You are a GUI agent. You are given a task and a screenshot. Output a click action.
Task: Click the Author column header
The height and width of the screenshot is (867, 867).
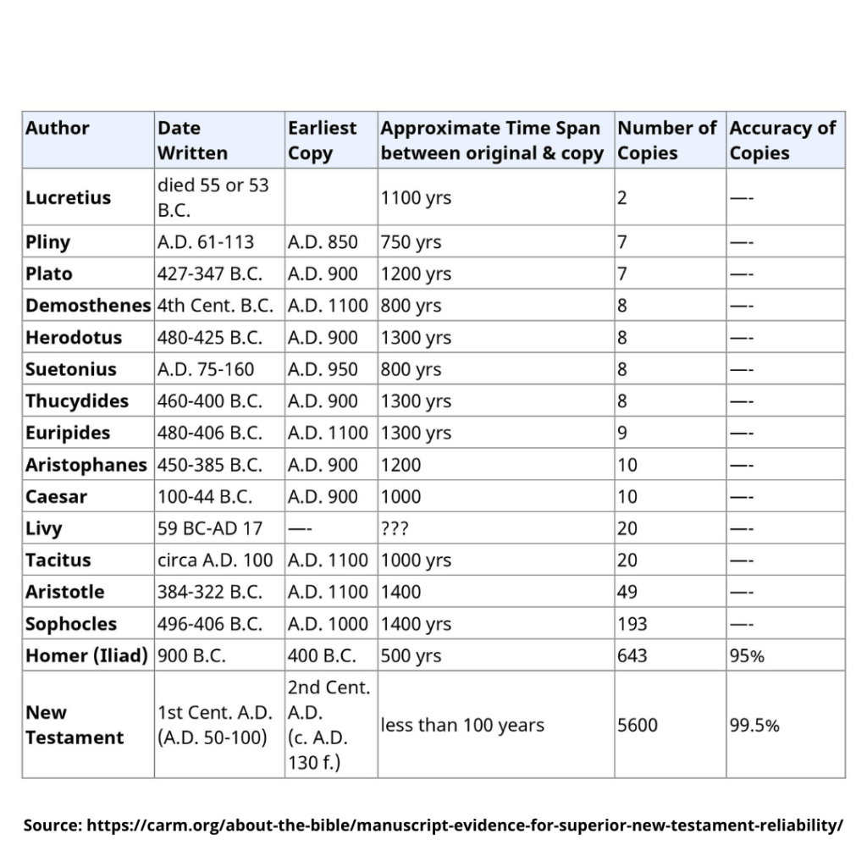tap(58, 129)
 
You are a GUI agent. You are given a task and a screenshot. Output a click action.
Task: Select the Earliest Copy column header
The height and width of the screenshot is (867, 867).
tap(322, 141)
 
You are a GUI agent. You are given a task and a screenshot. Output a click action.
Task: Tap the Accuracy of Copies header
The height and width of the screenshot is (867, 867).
tap(782, 141)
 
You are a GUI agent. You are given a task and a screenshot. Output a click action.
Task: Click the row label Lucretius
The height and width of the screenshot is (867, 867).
tap(68, 198)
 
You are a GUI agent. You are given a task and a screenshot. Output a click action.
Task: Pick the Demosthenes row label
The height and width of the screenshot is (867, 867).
tap(88, 306)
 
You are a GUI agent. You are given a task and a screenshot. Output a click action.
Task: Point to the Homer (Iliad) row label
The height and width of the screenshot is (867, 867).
tap(86, 655)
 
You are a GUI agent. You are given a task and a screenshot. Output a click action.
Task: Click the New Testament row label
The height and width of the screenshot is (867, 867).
tap(75, 725)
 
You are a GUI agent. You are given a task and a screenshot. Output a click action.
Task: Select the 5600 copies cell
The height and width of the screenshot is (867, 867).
tap(638, 726)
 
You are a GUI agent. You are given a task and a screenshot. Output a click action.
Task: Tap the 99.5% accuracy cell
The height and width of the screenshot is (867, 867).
tap(754, 726)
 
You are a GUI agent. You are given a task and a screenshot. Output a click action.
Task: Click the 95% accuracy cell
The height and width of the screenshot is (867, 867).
tap(747, 655)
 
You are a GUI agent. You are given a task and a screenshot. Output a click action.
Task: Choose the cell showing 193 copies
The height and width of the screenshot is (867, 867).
tap(632, 624)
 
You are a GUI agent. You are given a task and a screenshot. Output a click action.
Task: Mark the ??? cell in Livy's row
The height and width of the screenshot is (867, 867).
tap(395, 528)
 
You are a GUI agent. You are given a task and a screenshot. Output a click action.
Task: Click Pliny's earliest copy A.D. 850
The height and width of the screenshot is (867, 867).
tap(323, 242)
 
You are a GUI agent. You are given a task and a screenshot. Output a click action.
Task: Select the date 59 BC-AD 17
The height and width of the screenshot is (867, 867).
tap(210, 528)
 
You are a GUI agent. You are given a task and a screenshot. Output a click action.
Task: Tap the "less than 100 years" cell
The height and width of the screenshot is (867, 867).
tap(462, 726)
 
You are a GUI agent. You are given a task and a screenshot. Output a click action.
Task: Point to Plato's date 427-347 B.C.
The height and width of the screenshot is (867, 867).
tap(210, 274)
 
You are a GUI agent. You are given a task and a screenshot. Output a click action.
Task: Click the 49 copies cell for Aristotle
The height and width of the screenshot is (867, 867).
tap(627, 592)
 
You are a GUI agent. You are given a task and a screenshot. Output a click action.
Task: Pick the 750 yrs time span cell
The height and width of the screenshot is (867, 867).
tap(411, 242)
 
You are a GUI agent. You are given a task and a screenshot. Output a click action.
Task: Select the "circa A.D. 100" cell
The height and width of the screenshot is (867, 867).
tap(215, 560)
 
